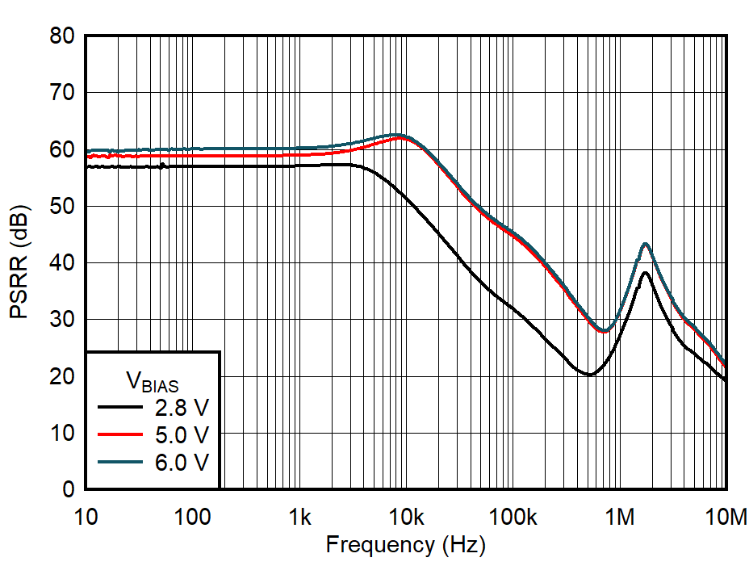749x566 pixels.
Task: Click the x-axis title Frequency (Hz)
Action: point(405,545)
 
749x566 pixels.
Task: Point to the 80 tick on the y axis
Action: point(61,36)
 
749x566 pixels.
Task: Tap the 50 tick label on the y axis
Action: point(61,207)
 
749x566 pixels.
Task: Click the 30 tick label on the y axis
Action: point(61,320)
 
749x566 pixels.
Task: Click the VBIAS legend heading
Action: point(152,379)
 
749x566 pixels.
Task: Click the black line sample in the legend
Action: point(118,407)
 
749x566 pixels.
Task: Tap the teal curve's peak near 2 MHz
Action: point(645,244)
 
